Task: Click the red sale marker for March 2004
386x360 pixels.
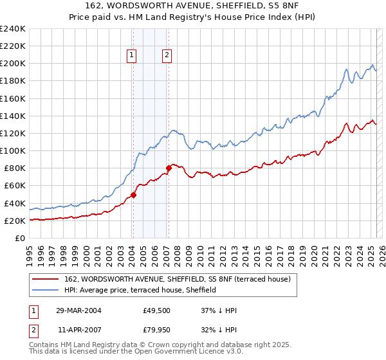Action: (x=133, y=195)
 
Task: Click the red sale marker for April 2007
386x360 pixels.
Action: (x=168, y=168)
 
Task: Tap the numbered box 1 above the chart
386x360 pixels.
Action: (x=132, y=56)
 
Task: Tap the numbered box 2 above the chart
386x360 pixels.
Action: (x=167, y=56)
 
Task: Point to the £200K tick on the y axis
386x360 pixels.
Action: (x=13, y=64)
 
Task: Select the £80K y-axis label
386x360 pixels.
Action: (x=15, y=168)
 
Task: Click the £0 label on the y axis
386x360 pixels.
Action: (x=21, y=238)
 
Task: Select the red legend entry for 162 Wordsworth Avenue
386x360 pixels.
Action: (x=178, y=279)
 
